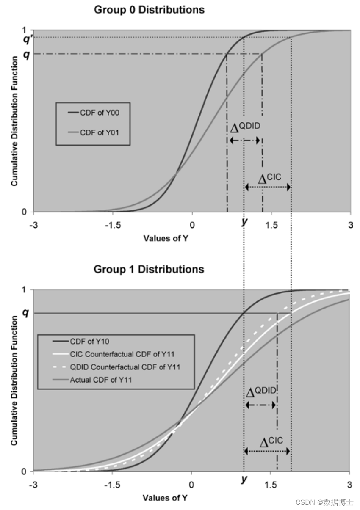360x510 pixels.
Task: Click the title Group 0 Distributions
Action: [149, 10]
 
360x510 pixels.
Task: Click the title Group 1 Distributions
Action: [149, 269]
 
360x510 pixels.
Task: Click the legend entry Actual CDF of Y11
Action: [101, 380]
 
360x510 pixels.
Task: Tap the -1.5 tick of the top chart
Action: [113, 225]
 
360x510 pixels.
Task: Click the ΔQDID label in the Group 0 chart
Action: [245, 127]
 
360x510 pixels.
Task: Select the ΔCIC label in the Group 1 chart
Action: [271, 441]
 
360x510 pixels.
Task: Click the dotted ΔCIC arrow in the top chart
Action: [268, 187]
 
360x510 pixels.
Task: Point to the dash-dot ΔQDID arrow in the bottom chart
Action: [260, 405]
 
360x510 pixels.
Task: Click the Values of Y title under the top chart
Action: [166, 238]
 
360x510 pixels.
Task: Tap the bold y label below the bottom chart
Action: [244, 480]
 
